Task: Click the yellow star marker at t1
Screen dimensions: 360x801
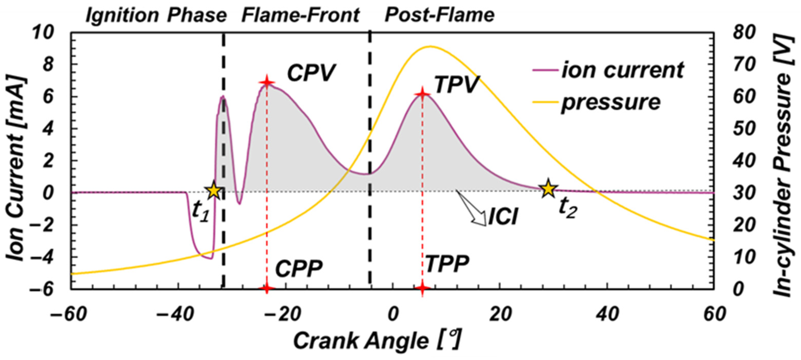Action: (214, 190)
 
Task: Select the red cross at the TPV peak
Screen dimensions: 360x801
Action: (422, 94)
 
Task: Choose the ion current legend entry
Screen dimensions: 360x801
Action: (608, 70)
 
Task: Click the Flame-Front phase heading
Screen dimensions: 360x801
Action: (300, 15)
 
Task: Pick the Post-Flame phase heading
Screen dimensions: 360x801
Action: (439, 15)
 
